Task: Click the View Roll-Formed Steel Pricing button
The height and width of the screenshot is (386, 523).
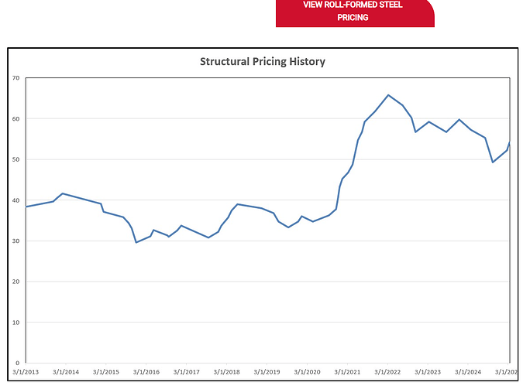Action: (x=354, y=12)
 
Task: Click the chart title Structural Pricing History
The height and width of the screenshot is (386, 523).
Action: (x=263, y=61)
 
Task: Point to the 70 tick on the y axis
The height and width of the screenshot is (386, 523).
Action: (x=15, y=78)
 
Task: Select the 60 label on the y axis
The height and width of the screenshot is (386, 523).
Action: (x=15, y=118)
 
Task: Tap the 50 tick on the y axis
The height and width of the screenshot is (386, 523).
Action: (x=15, y=159)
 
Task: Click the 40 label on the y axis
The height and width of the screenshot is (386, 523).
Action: (x=15, y=200)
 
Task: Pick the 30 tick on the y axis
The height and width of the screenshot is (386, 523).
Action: (x=15, y=241)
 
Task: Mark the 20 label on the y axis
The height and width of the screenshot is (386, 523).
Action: (x=15, y=282)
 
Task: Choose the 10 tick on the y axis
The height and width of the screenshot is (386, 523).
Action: (x=15, y=322)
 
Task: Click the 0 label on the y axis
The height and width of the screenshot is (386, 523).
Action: (x=17, y=363)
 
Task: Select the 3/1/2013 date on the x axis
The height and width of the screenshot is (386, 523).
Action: (x=26, y=372)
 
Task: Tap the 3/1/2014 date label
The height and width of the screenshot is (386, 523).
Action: (x=66, y=372)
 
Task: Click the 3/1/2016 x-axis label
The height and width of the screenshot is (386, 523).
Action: (x=146, y=372)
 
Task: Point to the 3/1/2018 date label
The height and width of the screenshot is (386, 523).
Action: (x=227, y=372)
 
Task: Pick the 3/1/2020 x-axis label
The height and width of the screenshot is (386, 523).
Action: (x=308, y=372)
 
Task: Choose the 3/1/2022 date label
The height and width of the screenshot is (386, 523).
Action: (x=388, y=372)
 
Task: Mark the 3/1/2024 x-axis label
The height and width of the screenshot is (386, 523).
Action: (x=469, y=372)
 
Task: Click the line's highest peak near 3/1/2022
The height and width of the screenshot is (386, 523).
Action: (x=388, y=95)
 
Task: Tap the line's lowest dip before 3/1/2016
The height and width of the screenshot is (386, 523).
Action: (x=136, y=242)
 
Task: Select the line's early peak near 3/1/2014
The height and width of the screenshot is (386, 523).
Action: (x=62, y=193)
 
